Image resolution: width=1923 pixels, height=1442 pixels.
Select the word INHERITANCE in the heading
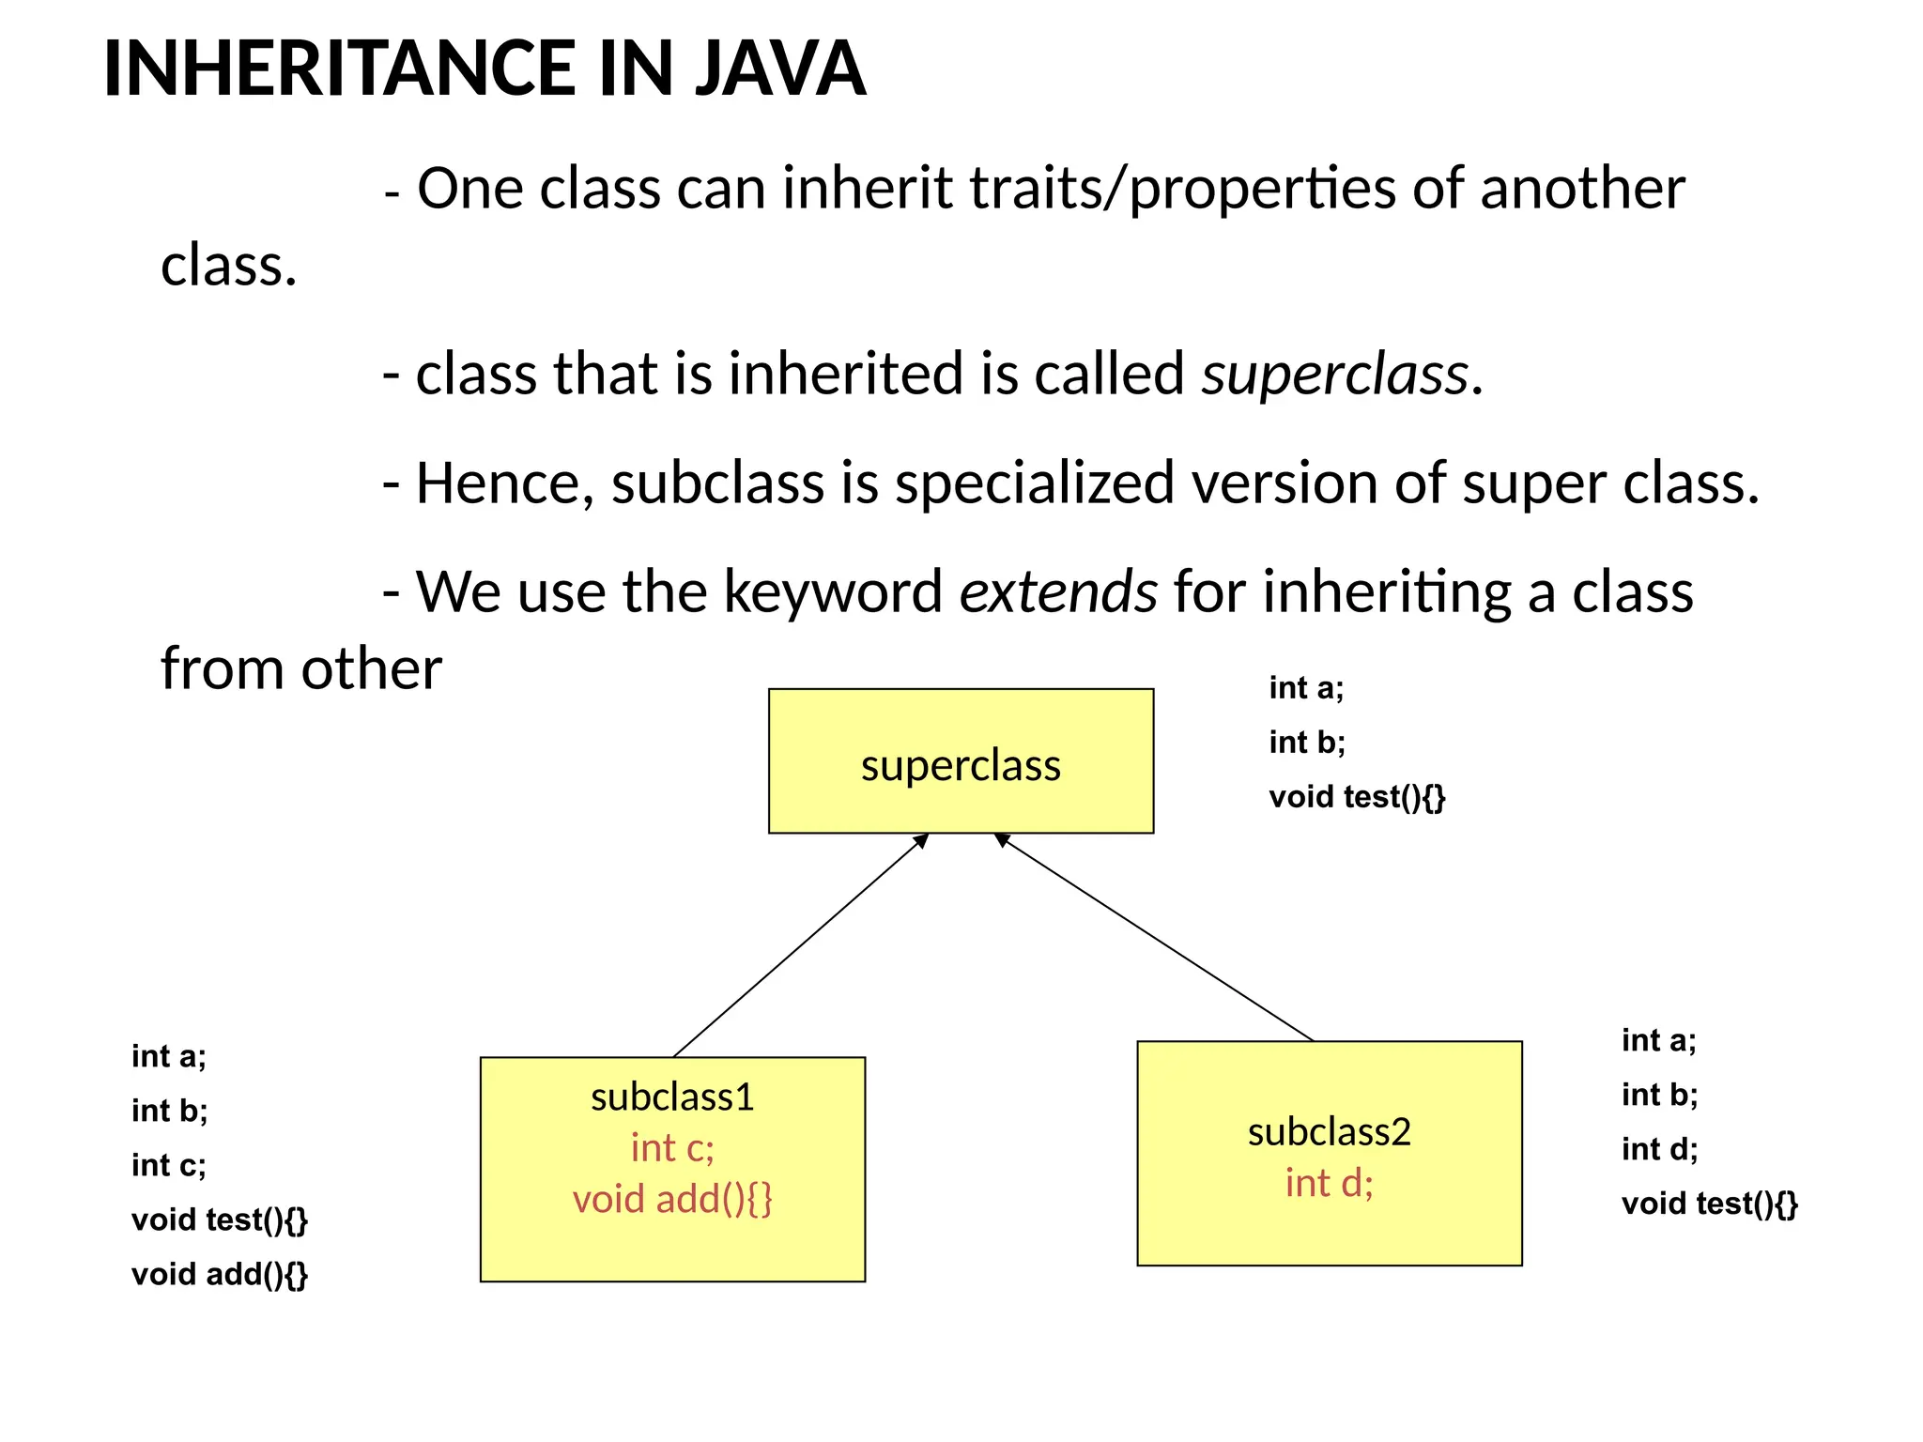point(338,69)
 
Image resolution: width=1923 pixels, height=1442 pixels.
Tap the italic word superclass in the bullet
point(1334,374)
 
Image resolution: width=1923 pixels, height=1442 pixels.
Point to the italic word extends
point(1058,592)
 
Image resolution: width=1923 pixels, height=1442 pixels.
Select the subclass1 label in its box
point(672,1097)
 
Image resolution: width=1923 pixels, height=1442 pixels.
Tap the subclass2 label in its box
point(1329,1132)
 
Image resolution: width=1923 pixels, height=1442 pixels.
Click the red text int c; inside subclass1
point(672,1148)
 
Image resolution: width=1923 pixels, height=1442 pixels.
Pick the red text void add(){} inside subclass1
point(672,1199)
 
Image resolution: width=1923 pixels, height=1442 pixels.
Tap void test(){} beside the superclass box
point(1357,797)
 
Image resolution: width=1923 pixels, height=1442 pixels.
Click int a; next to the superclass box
point(1306,688)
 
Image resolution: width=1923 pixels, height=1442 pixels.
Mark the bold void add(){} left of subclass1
point(219,1275)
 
